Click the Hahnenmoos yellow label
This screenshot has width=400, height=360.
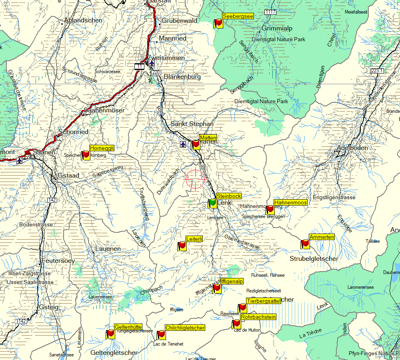(290, 203)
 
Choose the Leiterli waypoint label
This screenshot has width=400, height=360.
(194, 239)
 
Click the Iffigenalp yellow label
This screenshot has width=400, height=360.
(232, 281)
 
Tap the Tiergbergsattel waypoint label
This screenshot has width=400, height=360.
(264, 301)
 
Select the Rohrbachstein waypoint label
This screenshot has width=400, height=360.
(258, 317)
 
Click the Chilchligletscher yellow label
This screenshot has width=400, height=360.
(185, 328)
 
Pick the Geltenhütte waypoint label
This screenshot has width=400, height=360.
(128, 326)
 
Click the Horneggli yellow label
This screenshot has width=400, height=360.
(102, 148)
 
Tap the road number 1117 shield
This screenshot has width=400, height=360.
(270, 12)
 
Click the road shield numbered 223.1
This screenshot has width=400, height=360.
(377, 71)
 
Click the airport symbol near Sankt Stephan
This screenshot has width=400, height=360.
(183, 144)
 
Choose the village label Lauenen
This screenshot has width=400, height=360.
(108, 248)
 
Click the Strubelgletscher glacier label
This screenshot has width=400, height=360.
(314, 259)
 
